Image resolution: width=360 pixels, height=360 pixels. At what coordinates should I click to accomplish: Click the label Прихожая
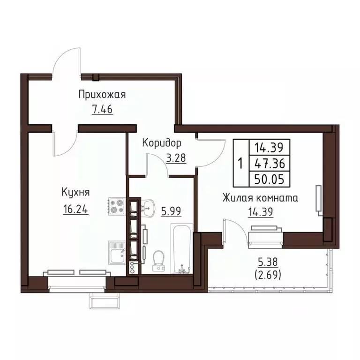pyautogui.click(x=102, y=95)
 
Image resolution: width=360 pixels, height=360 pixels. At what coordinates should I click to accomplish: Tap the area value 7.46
pyautogui.click(x=102, y=111)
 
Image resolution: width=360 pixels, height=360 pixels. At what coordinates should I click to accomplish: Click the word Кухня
pyautogui.click(x=75, y=192)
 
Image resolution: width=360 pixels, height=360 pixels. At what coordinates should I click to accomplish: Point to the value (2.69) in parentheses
pyautogui.click(x=268, y=276)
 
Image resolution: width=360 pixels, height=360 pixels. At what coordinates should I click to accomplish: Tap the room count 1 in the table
pyautogui.click(x=240, y=164)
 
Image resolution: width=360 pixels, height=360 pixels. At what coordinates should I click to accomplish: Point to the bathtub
pyautogui.click(x=180, y=249)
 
